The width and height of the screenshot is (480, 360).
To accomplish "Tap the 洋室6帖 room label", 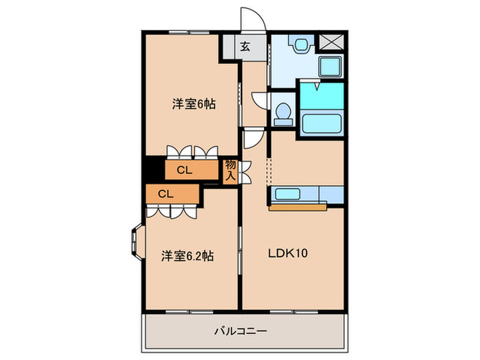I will [x=194, y=104].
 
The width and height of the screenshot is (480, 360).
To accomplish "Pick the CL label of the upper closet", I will [x=184, y=170].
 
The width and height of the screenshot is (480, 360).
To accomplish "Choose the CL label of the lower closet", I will [x=165, y=194].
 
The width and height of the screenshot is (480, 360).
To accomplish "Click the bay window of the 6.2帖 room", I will [x=134, y=243].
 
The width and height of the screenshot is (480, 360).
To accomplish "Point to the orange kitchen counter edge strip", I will [x=298, y=206].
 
